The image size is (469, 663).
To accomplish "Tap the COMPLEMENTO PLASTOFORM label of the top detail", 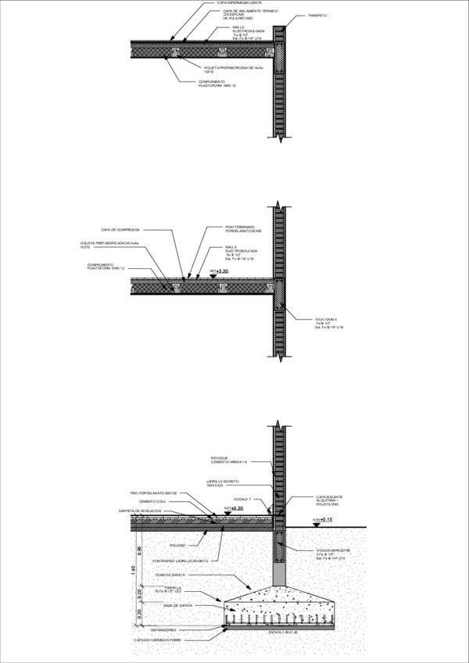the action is tap(217, 84).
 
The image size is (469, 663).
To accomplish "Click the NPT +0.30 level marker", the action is tap(233, 508).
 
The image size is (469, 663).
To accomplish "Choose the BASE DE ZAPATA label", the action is tap(178, 605).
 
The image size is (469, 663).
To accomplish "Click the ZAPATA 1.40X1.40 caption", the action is tap(283, 632).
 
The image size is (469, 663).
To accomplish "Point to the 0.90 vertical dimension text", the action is tap(140, 549).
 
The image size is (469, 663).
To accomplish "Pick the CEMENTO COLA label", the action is tap(152, 502).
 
